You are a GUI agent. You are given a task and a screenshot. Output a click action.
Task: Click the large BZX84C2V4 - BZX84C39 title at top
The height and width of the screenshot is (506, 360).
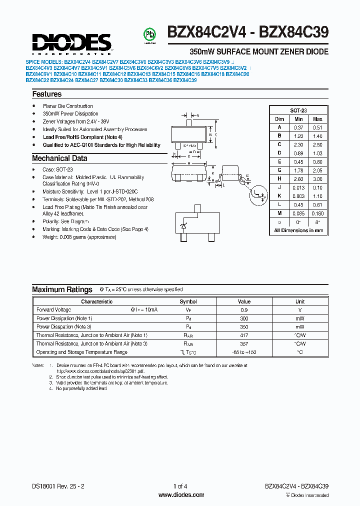click(x=247, y=33)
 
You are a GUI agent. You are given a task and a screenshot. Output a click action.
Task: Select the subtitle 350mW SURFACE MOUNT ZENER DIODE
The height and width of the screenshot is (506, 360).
click(x=258, y=52)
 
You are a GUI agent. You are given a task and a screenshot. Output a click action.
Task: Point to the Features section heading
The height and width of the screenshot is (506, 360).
click(x=47, y=94)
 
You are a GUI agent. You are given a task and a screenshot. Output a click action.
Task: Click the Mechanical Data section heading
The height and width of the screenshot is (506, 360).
click(x=59, y=158)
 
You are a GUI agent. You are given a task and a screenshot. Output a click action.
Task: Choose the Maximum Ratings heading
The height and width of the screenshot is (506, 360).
click(x=62, y=289)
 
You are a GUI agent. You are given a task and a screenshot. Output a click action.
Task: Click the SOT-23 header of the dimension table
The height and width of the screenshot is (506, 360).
click(x=298, y=111)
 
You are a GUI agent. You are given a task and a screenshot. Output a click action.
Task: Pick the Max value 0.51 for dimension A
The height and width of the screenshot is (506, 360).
click(x=317, y=127)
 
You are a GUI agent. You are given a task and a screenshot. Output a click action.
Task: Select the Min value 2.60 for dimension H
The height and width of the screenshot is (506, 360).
click(x=298, y=179)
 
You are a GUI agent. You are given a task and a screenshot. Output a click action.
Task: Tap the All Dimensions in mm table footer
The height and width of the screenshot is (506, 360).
click(x=298, y=230)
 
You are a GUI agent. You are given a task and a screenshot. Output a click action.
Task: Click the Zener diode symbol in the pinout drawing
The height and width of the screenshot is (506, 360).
click(x=183, y=226)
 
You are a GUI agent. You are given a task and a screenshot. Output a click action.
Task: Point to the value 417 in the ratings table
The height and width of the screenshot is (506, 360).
click(x=244, y=335)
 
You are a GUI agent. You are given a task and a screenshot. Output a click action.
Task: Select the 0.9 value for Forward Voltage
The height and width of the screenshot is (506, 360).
click(x=244, y=310)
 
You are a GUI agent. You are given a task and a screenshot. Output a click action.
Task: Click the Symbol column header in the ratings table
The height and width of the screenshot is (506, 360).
click(x=188, y=301)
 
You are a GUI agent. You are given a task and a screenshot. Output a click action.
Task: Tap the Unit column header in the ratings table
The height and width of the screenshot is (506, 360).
click(x=299, y=301)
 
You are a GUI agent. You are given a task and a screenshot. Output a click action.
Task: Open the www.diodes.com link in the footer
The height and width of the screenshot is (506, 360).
click(x=180, y=495)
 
